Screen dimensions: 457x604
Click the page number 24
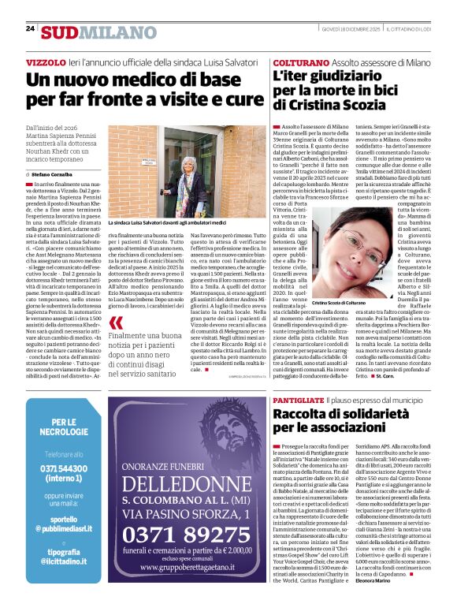tap(30, 28)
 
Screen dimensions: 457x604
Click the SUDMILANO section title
tap(88, 32)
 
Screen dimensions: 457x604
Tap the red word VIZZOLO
tap(46, 62)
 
